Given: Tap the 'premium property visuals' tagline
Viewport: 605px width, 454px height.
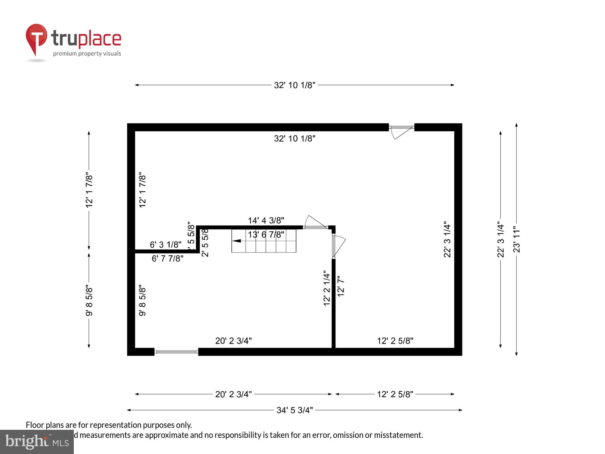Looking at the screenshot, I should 87,54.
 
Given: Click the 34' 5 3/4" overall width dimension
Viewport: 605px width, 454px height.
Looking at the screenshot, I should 294,410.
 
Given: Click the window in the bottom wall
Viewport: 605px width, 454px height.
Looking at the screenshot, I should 176,351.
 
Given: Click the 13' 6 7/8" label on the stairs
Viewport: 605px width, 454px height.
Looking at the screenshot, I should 266,235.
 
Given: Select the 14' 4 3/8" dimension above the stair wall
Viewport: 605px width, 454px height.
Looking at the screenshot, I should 266,220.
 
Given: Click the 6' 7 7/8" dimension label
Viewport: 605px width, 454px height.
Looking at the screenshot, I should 167,258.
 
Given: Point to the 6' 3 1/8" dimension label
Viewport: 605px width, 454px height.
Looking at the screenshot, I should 165,244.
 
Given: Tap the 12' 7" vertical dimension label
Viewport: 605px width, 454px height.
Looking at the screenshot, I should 341,286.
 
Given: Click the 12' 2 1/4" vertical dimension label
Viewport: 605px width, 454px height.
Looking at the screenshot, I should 327,288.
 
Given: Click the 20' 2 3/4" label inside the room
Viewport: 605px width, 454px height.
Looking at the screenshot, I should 233,341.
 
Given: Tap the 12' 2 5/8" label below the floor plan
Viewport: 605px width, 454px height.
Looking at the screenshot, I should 395,394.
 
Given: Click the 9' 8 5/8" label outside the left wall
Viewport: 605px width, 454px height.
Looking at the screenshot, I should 89,300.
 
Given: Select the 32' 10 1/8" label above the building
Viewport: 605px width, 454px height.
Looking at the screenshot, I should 294,85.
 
